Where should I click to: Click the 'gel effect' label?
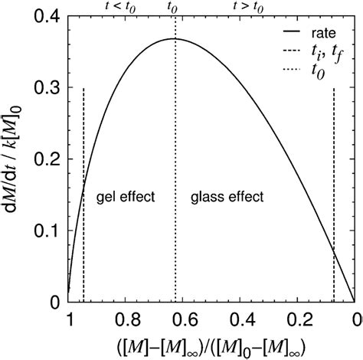pos(126,197)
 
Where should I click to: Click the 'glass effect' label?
pos(226,197)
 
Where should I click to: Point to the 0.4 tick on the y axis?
pos(47,16)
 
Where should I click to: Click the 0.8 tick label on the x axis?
pos(126,319)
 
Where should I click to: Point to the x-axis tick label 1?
pos(70,319)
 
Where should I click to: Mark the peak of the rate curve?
pos(175,38)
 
